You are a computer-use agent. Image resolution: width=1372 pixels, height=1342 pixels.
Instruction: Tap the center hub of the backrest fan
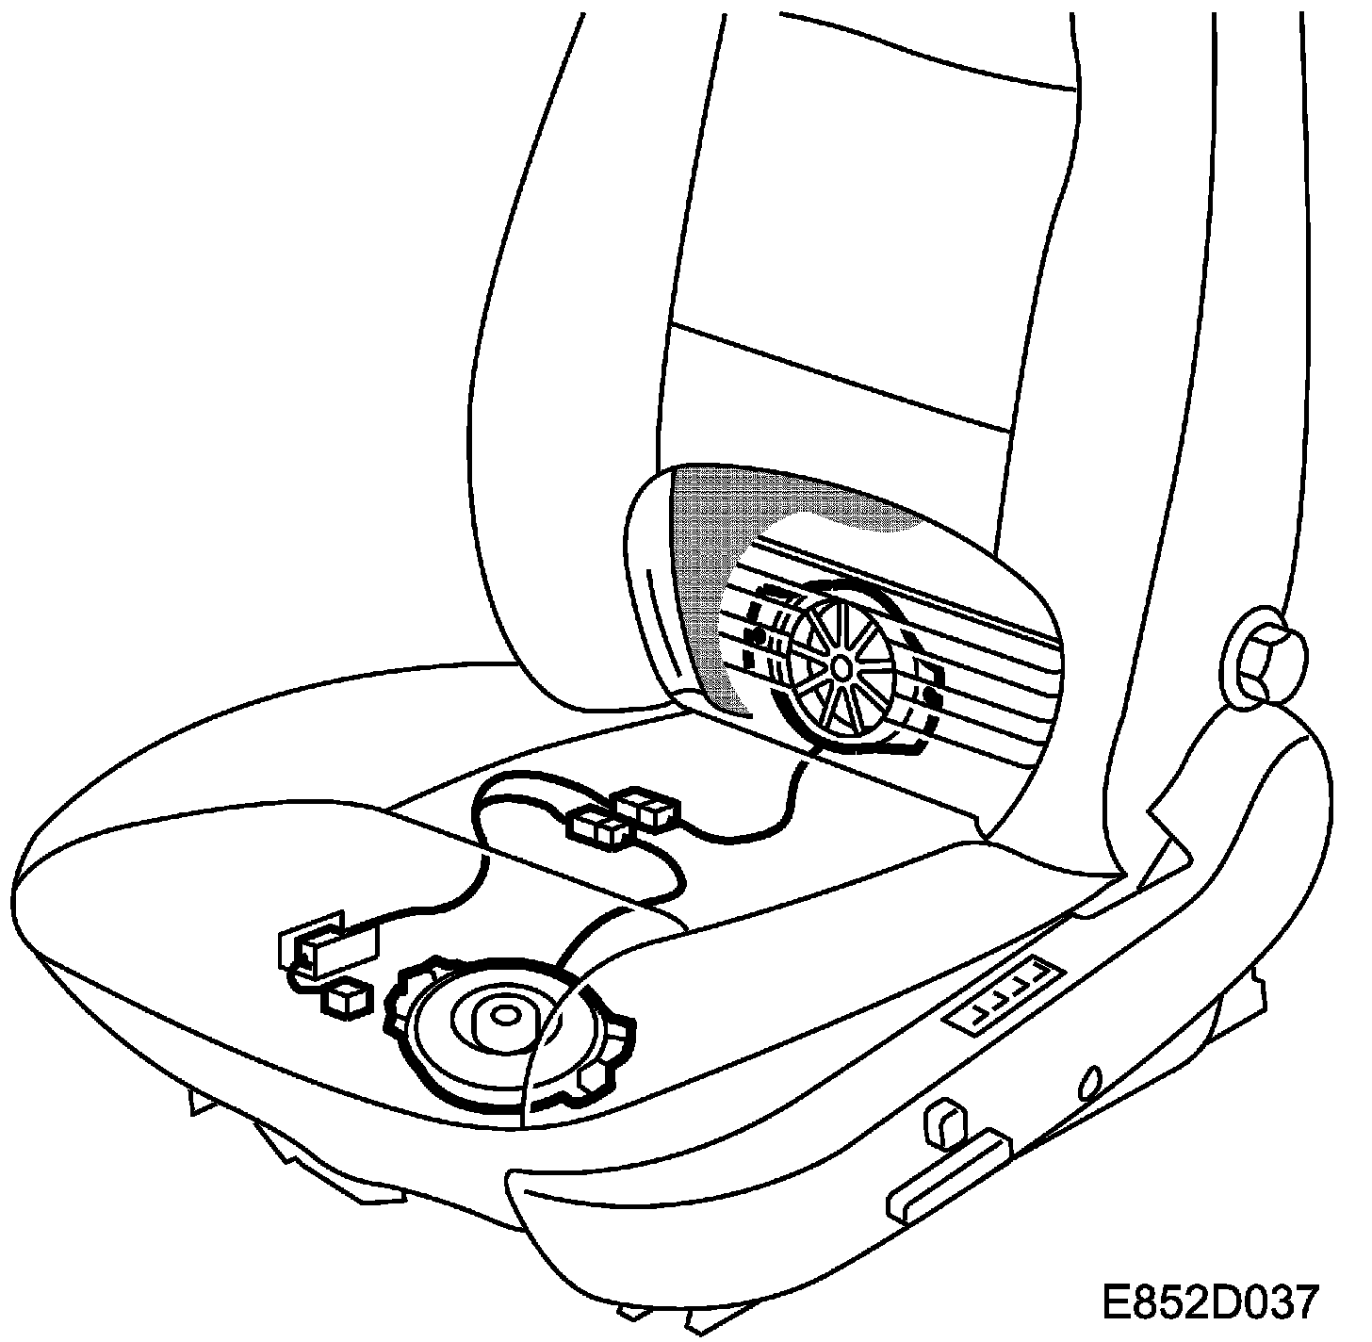(840, 666)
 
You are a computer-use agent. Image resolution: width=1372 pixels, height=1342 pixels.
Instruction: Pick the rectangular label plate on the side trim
(1007, 992)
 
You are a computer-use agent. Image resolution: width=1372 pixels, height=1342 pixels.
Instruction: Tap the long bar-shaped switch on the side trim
(947, 1169)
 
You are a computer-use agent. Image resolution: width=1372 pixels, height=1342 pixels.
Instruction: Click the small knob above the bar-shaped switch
(944, 1121)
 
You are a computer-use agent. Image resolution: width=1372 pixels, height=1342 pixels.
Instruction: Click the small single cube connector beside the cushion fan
(345, 999)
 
